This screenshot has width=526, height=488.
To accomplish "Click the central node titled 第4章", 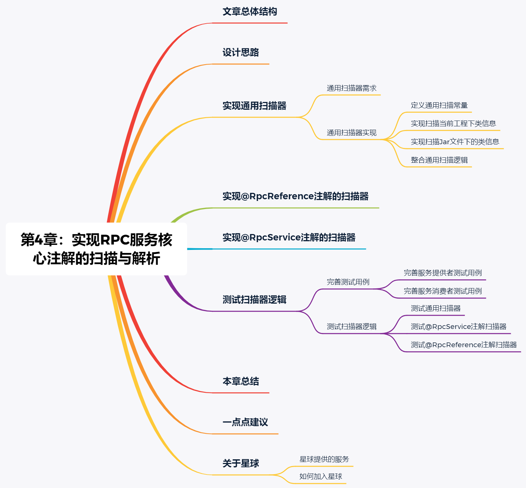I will [96, 249].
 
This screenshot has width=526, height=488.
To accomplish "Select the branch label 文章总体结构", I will [250, 12].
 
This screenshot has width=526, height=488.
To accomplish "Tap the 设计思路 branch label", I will [241, 53].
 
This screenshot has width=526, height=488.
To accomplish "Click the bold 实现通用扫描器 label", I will [254, 106].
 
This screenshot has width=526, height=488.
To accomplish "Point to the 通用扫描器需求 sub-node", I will [351, 88].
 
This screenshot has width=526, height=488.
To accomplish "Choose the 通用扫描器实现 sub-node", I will [351, 133].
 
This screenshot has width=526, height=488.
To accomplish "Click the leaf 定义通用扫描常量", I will [439, 105].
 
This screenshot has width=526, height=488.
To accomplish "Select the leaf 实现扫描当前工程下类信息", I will [453, 124].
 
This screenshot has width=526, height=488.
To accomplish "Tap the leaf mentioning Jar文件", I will [455, 142].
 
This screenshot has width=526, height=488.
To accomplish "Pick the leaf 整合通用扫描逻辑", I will [439, 160].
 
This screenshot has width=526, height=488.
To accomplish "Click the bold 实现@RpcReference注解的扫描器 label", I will [295, 197].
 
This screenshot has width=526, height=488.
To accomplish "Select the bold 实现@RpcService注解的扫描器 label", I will [289, 238].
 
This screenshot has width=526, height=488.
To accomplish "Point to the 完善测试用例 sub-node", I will [348, 282].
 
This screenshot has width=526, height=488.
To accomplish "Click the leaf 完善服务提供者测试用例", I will [443, 273].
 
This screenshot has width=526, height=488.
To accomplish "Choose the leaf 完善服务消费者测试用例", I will [443, 291].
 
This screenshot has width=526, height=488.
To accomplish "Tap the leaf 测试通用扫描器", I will [436, 308].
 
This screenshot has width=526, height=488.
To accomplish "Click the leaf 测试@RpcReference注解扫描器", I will [464, 345].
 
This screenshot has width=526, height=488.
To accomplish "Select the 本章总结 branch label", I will [241, 382].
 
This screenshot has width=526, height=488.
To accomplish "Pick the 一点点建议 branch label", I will [245, 422].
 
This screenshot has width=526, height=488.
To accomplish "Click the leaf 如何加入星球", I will [320, 477].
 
